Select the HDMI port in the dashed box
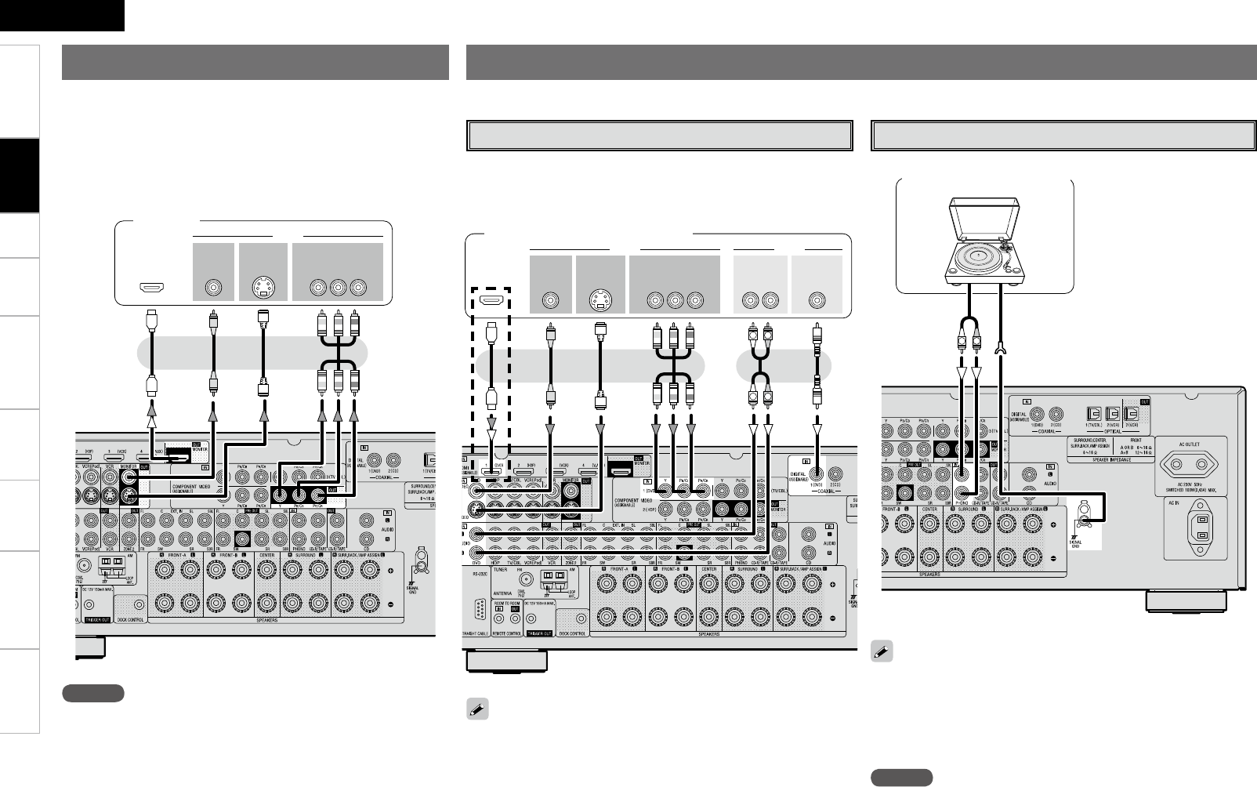(491, 300)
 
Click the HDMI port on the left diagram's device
(151, 288)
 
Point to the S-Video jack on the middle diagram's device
(597, 300)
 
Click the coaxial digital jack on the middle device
(817, 299)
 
